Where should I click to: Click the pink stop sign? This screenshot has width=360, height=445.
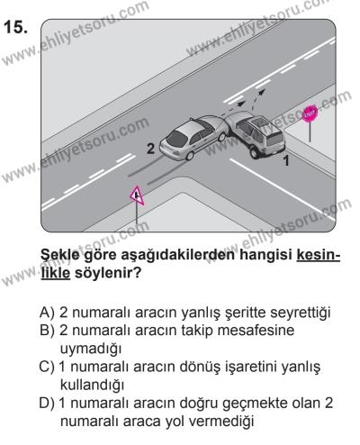point(311,114)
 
